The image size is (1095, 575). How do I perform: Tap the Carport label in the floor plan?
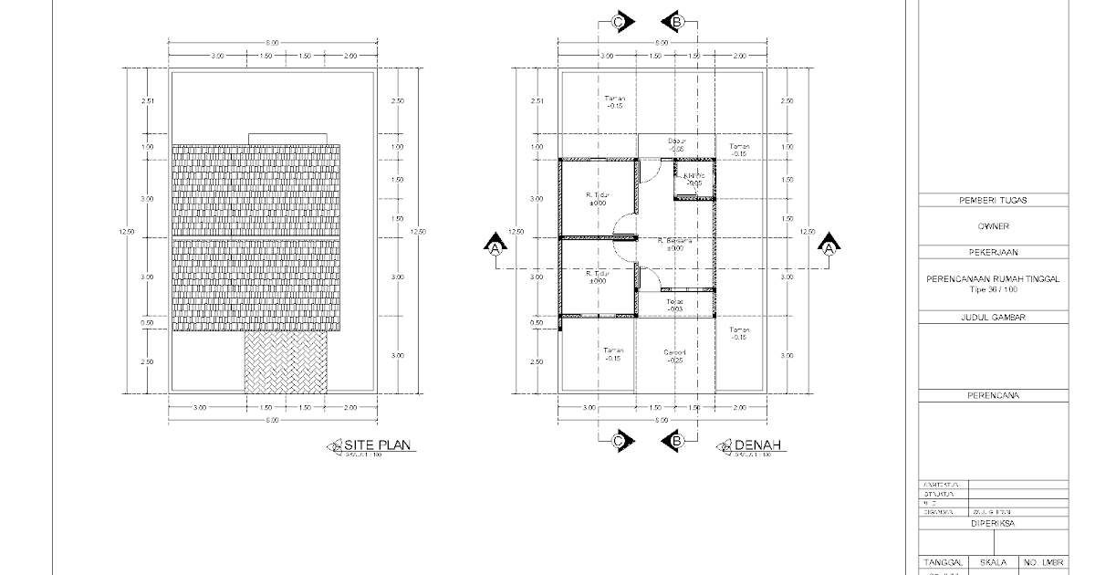coord(675,356)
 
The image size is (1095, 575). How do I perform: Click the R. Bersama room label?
coord(675,244)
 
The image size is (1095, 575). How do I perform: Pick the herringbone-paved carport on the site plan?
coord(285,362)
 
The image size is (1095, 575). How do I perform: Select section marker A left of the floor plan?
coord(495,246)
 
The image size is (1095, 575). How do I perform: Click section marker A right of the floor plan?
coord(829,246)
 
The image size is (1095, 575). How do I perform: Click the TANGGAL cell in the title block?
coord(943,563)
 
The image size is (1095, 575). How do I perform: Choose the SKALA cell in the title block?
coord(994,563)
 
